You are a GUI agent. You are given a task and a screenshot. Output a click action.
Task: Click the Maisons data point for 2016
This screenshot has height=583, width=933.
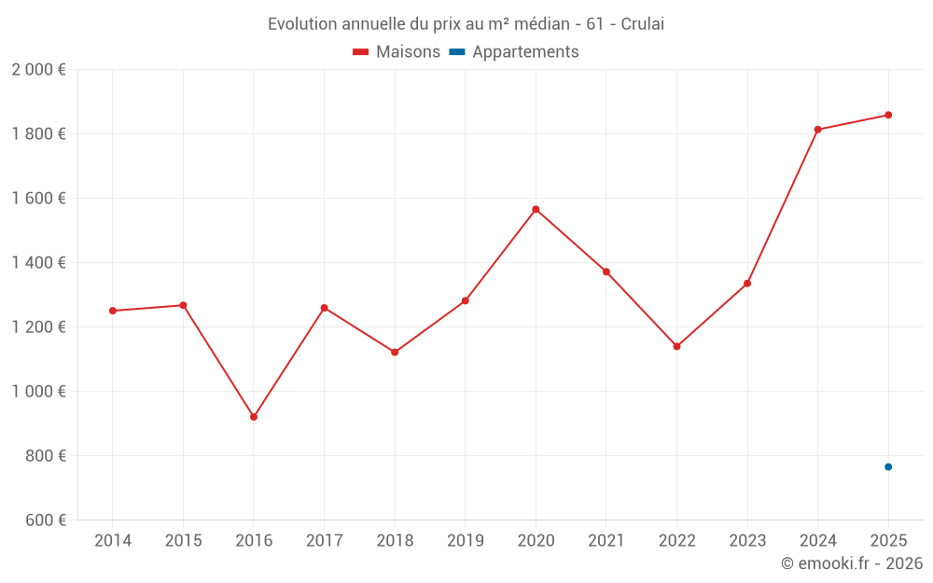click(254, 417)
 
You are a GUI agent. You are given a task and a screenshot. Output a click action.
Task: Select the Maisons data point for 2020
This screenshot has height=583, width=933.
click(536, 209)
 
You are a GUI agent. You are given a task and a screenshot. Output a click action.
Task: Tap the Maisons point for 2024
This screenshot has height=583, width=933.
click(818, 130)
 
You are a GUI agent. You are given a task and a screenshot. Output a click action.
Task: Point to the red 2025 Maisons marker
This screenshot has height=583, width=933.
click(888, 115)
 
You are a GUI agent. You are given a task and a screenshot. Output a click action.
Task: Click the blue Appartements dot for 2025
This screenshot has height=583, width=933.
click(888, 466)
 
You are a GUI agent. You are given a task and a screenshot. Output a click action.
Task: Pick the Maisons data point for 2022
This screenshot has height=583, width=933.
click(676, 346)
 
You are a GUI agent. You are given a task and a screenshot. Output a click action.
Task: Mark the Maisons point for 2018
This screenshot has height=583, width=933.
click(395, 352)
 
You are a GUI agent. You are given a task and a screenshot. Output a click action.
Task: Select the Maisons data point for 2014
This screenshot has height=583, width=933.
click(113, 311)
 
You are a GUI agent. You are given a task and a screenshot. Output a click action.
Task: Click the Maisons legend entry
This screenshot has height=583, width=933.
click(397, 52)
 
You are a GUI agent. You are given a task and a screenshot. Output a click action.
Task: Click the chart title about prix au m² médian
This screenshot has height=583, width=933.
click(466, 24)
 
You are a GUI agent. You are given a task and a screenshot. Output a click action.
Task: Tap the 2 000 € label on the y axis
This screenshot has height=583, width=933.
click(38, 70)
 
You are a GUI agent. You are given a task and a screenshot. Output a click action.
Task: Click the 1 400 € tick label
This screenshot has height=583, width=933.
click(38, 263)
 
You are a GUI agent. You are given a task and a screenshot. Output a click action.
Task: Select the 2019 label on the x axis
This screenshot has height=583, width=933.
click(465, 541)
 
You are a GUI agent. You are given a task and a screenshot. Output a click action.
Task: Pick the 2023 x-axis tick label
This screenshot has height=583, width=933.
click(747, 541)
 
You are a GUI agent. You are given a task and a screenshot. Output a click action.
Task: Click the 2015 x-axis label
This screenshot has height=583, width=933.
click(183, 541)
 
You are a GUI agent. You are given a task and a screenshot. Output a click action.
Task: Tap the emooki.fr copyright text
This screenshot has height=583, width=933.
click(851, 563)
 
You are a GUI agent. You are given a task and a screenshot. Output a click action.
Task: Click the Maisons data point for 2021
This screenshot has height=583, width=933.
click(606, 271)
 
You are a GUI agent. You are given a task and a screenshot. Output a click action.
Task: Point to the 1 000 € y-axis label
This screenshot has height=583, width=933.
click(38, 392)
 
